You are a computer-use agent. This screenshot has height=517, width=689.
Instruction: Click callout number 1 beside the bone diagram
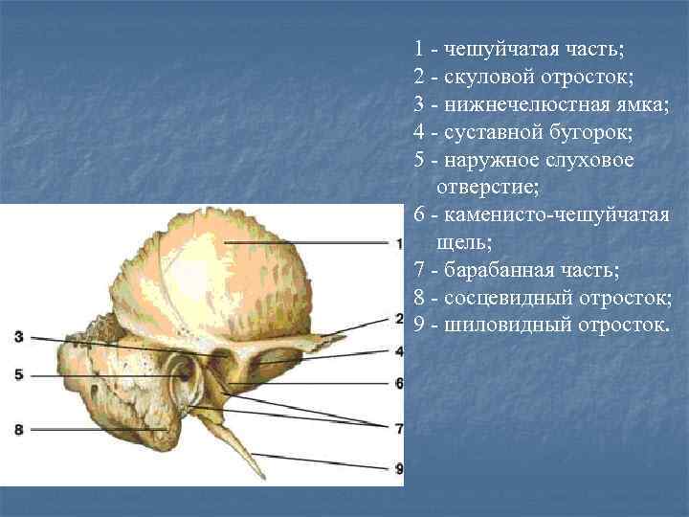(x=398, y=245)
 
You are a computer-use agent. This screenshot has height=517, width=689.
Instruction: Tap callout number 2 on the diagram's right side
(x=398, y=319)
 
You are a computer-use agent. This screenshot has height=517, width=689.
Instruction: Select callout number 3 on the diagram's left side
(x=19, y=336)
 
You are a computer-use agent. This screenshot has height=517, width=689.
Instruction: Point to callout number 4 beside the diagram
(x=398, y=350)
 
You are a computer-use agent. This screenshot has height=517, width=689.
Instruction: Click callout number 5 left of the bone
(x=19, y=375)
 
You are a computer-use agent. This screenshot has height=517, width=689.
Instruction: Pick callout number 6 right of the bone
(x=398, y=383)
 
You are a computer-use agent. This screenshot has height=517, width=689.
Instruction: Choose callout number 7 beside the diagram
(x=398, y=425)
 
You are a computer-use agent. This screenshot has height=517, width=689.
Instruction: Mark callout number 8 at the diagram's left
(x=19, y=430)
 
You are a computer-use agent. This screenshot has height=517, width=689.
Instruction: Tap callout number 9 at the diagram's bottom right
(x=398, y=468)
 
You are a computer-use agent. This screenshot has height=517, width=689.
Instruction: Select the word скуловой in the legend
(x=483, y=75)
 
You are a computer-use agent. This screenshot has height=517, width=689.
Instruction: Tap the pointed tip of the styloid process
(x=262, y=475)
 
